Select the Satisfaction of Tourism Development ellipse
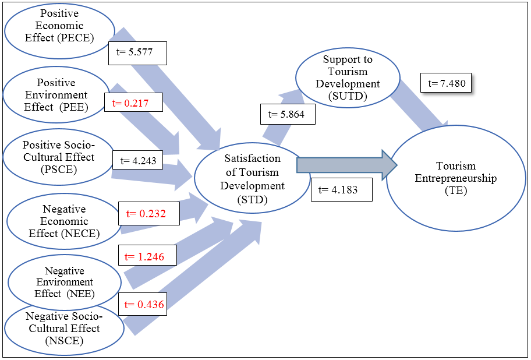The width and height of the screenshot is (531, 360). tap(252, 178)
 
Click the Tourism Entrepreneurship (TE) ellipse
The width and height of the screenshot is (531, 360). tap(456, 178)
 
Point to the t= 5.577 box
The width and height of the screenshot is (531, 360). tap(138, 52)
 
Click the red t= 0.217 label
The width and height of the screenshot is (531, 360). tap(133, 104)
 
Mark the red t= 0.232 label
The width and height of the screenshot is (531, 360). tap(146, 214)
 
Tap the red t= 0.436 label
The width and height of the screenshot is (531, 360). tap(143, 304)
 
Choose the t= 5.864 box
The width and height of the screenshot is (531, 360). tap(287, 115)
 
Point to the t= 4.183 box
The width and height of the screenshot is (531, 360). tap(341, 190)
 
